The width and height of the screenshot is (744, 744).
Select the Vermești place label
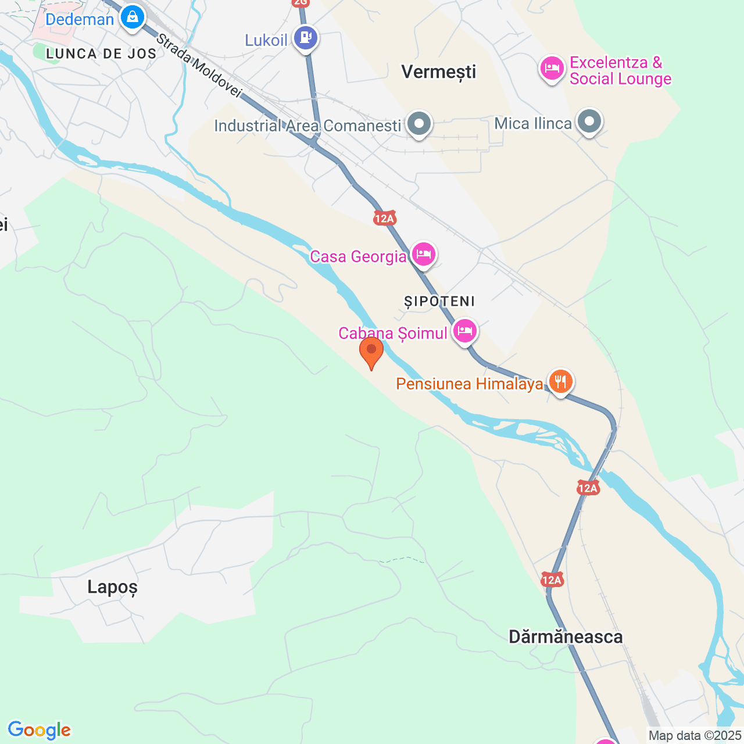[x=439, y=72]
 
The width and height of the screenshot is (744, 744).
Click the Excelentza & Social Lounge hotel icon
[x=552, y=69]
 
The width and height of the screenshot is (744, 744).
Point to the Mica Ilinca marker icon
[x=589, y=122]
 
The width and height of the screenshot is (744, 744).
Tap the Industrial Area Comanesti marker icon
[x=419, y=124]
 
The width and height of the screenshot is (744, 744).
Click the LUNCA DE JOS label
[x=101, y=54]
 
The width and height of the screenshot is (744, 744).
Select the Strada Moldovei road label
[x=199, y=65]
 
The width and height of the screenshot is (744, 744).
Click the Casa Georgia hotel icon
[x=424, y=254]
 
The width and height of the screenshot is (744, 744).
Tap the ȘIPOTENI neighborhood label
[x=440, y=301]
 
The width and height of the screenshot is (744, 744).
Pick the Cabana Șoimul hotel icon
[x=464, y=331]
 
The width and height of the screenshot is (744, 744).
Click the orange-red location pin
[x=371, y=351]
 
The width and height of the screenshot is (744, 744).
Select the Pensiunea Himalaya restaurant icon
[x=560, y=381]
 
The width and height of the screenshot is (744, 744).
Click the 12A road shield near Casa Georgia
[x=384, y=218]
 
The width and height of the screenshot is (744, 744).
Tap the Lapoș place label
[x=113, y=587]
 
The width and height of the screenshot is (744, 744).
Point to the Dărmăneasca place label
[x=566, y=636]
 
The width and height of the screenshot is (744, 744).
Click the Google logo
[x=39, y=730]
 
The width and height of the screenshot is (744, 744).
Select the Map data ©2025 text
[x=695, y=735]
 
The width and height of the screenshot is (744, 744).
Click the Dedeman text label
[x=80, y=19]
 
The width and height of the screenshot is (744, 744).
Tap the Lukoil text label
[x=266, y=40]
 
